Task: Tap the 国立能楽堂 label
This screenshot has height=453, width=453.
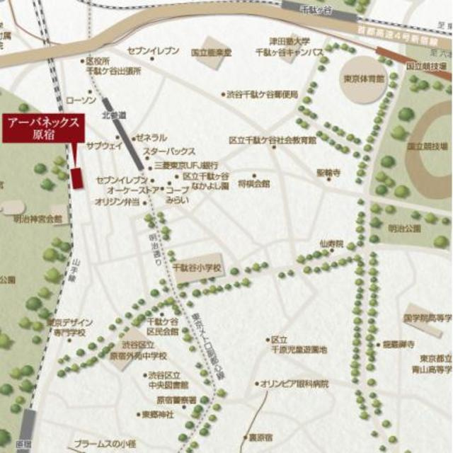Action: tap(212, 52)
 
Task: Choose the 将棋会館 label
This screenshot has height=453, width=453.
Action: tap(254, 183)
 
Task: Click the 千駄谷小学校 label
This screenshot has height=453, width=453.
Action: tap(197, 268)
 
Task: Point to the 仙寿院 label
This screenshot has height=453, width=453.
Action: tap(331, 243)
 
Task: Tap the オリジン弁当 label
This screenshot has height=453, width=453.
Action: tap(117, 201)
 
